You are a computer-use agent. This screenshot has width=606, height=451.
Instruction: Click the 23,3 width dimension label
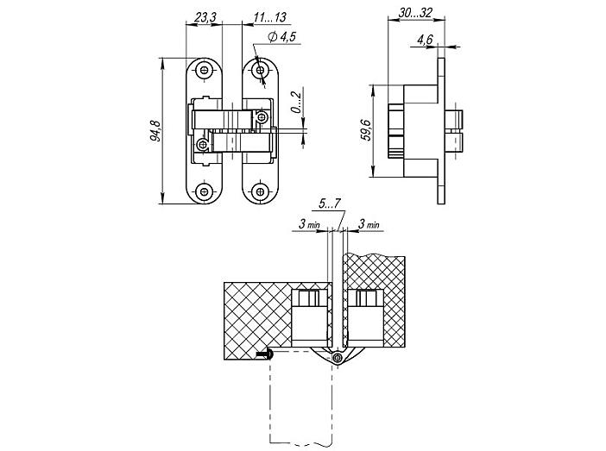[x=205, y=17]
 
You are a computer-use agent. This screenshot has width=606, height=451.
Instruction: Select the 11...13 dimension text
[x=270, y=17]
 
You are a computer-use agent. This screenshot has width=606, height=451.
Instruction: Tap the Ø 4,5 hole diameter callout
[x=281, y=37]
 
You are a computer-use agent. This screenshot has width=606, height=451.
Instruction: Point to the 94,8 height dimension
[x=155, y=131]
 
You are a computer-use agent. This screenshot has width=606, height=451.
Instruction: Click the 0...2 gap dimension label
[x=296, y=103]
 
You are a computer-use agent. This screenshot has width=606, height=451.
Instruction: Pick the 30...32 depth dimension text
[x=415, y=13]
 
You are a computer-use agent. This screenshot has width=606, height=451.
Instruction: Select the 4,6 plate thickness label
[x=425, y=40]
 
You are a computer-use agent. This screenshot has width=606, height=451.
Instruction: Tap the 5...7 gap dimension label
[x=329, y=204]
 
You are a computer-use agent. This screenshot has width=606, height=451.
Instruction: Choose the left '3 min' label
[x=309, y=224]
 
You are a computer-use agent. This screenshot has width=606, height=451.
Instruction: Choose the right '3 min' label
[x=369, y=224]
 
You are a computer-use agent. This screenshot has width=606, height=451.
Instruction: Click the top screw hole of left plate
[x=204, y=70]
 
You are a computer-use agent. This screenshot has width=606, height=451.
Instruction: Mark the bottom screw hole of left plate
[x=204, y=191]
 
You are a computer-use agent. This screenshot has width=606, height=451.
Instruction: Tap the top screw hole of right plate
[x=260, y=70]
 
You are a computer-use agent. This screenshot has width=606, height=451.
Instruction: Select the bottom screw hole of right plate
[x=260, y=191]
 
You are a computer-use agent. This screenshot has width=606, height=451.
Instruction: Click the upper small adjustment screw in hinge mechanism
[x=262, y=116]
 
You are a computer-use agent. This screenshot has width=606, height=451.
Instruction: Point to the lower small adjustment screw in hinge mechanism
[x=202, y=145]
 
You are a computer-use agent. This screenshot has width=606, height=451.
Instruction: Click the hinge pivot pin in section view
[x=338, y=358]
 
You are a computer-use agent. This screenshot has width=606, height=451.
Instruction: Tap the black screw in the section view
[x=264, y=354]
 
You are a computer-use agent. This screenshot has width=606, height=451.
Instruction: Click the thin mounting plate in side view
[x=441, y=131]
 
